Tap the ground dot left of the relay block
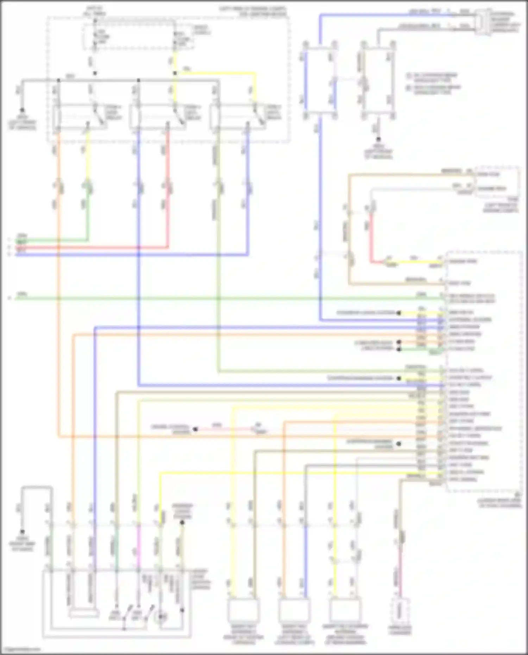point(22,110)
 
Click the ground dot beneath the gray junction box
point(378,140)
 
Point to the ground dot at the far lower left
point(22,532)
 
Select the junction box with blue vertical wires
point(320,80)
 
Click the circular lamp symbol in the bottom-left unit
point(161,617)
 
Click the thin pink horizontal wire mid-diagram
point(225,429)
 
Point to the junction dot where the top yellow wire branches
point(175,73)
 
